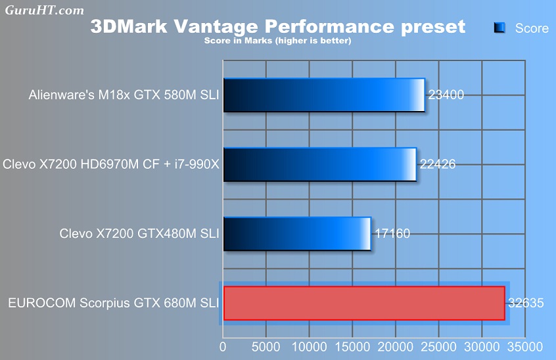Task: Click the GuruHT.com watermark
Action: coord(45,10)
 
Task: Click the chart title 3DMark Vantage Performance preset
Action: coord(277,26)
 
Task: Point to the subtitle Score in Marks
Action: coord(277,41)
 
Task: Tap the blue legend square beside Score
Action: coord(499,28)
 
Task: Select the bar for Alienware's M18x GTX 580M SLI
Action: coord(324,95)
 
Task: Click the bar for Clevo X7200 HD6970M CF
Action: coord(320,164)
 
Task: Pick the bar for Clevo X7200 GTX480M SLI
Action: coord(297,233)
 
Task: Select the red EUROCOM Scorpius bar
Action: coord(363,303)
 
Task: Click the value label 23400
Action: coord(446,95)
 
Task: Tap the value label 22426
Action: coord(437,164)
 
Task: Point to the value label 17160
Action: coord(392,233)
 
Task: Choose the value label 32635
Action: coord(526,303)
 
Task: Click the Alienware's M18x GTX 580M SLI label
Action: coord(124,95)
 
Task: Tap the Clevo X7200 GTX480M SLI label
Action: coord(139,233)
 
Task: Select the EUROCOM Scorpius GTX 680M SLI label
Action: coord(113,303)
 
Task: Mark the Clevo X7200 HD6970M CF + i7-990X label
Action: coord(111,164)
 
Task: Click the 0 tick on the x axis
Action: coord(223,346)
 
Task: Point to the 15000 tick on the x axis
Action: coord(352,346)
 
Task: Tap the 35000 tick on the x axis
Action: coord(524,346)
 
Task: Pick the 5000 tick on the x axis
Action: coord(266,346)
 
